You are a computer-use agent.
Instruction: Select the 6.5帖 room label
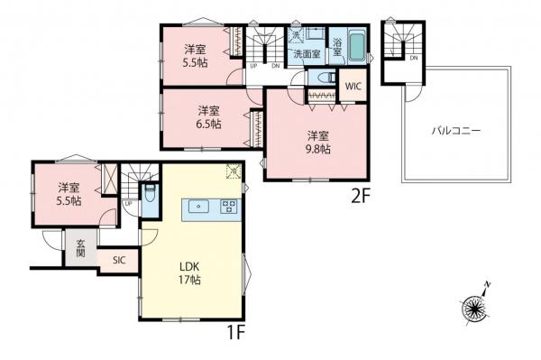(209, 117)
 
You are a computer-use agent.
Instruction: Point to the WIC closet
(353, 88)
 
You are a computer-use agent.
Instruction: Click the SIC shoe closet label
(119, 260)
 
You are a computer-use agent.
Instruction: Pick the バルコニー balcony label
(455, 130)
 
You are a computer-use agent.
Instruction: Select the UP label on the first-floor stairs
(129, 204)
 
